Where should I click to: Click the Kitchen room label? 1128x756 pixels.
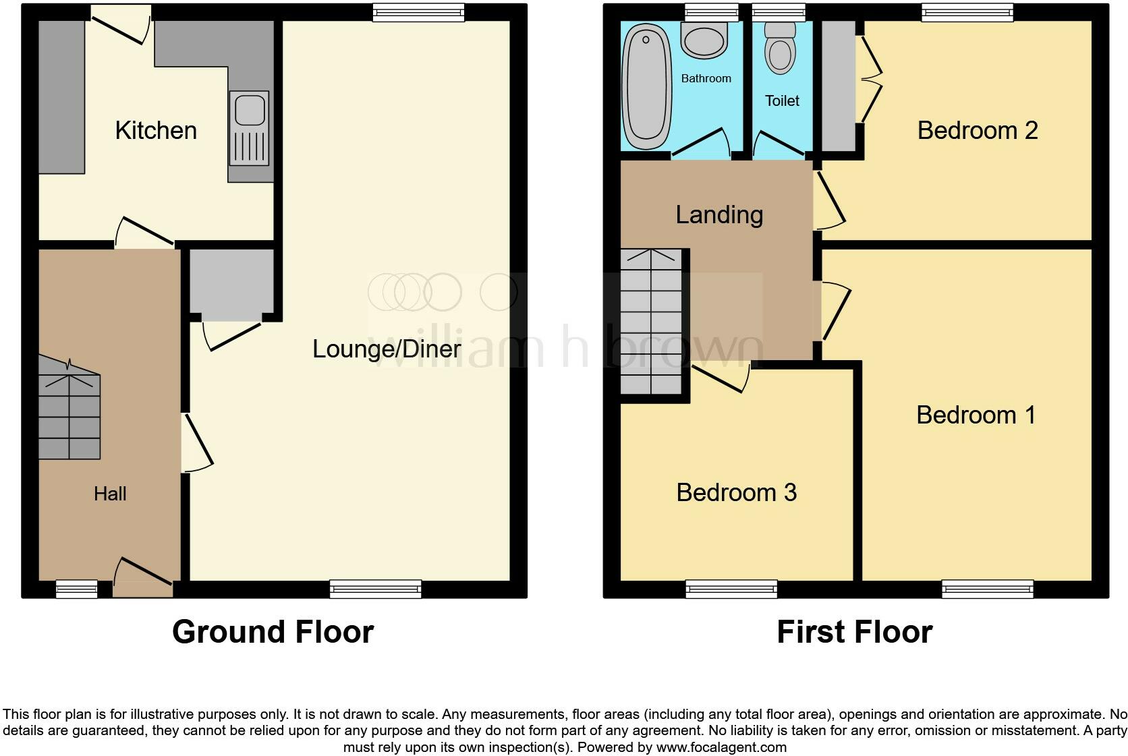tap(156, 130)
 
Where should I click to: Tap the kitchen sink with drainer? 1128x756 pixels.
tap(249, 128)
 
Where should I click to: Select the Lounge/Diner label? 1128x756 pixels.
tap(387, 349)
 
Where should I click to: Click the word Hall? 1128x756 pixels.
tap(110, 494)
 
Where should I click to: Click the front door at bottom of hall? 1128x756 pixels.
tap(143, 577)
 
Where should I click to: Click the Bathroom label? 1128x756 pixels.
tap(706, 78)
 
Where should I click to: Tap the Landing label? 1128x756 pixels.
tap(719, 214)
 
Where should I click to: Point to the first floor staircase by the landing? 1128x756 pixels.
tap(651, 322)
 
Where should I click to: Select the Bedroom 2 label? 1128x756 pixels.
tap(977, 130)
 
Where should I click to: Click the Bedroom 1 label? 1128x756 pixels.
tap(976, 415)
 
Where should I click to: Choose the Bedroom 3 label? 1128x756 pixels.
tap(736, 492)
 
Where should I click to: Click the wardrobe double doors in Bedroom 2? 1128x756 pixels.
tap(871, 79)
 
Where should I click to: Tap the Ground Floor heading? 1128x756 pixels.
tap(273, 632)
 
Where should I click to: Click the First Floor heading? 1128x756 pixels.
tap(854, 632)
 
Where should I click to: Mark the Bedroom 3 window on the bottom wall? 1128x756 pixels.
tap(731, 589)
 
